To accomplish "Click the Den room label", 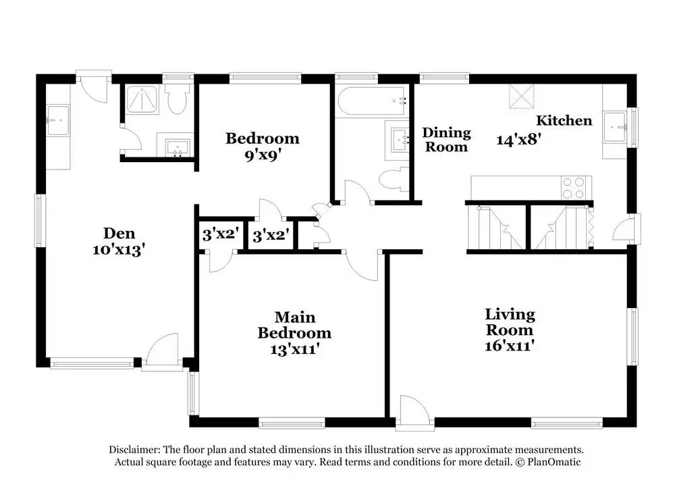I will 119,234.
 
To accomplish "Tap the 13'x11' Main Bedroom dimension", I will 294,350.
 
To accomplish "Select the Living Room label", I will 510,322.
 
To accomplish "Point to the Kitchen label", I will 564,121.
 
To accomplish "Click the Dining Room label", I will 446,139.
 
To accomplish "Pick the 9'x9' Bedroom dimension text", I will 262,155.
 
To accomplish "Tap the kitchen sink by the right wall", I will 616,125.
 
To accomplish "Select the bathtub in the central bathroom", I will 372,102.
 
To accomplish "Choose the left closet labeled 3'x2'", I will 219,235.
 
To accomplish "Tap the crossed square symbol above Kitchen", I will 520,96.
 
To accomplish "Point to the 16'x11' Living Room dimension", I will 510,346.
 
